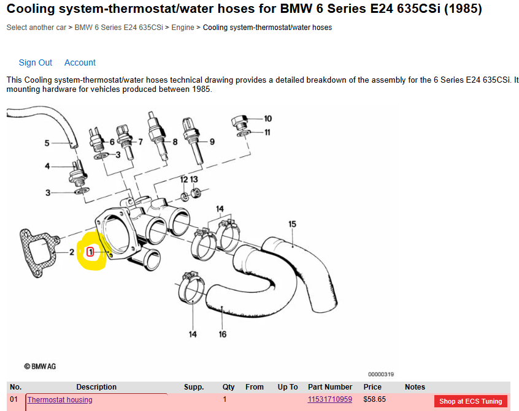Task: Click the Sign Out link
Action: pyautogui.click(x=36, y=62)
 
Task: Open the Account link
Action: pyautogui.click(x=80, y=62)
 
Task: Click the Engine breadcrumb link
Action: pyautogui.click(x=183, y=28)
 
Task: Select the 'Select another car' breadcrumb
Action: pyautogui.click(x=36, y=28)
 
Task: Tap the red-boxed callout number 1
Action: pyautogui.click(x=90, y=252)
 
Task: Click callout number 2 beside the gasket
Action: pyautogui.click(x=72, y=252)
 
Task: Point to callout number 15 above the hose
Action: pyautogui.click(x=292, y=224)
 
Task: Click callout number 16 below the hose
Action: pyautogui.click(x=223, y=334)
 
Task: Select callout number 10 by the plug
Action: pyautogui.click(x=267, y=119)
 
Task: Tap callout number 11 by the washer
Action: pyautogui.click(x=267, y=132)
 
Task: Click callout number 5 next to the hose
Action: pyautogui.click(x=47, y=143)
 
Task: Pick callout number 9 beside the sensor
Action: pyautogui.click(x=212, y=141)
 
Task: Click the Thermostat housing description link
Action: pyautogui.click(x=60, y=400)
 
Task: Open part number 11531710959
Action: pyautogui.click(x=330, y=399)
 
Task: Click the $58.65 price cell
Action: pyautogui.click(x=375, y=399)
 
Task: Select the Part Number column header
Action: pyautogui.click(x=330, y=387)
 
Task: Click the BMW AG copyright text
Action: pyautogui.click(x=40, y=366)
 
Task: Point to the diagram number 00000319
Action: pyautogui.click(x=381, y=374)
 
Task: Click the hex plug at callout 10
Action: pyautogui.click(x=240, y=123)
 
